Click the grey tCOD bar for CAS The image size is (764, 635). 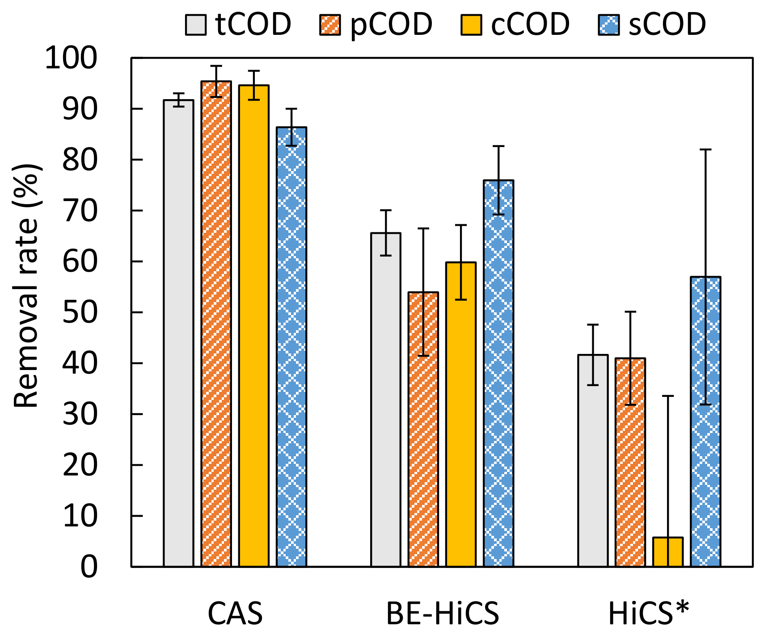coord(178,333)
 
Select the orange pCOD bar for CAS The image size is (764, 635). coord(216,324)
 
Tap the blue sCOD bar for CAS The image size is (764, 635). coord(291,347)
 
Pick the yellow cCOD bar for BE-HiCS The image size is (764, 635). coord(461,415)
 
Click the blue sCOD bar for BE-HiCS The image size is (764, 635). coord(498,374)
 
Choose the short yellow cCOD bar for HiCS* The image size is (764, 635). coord(668,552)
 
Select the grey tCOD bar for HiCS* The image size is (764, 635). coord(593,461)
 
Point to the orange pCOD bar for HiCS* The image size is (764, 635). coord(630,463)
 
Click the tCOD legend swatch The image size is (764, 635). coord(196,25)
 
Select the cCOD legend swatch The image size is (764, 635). coord(471,25)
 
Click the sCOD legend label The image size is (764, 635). coord(667,24)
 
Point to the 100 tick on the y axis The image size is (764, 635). coord(131,58)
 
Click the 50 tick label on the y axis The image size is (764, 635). coord(80,312)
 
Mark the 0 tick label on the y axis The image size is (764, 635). coord(89,567)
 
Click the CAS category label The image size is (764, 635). coord(235,614)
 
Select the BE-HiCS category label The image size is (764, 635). coord(443,614)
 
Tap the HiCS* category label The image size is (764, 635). coord(649,613)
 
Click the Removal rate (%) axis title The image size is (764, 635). coord(27,286)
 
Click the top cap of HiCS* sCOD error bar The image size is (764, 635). coord(705,149)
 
